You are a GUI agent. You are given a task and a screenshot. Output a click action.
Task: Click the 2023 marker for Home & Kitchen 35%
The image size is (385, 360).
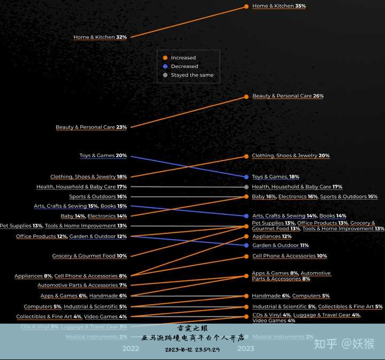point(246,6)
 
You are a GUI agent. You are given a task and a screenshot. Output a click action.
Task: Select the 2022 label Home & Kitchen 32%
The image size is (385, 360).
point(100,37)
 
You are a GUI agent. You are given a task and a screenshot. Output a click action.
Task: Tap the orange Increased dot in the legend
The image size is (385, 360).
point(165,58)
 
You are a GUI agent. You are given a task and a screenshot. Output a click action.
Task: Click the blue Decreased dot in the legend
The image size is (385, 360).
point(165,66)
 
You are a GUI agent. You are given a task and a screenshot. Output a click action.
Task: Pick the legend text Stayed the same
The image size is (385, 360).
point(192,75)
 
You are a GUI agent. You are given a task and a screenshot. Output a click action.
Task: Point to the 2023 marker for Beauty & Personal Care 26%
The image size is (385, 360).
point(246,96)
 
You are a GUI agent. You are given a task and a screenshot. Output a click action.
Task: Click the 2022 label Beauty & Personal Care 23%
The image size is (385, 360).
point(91,127)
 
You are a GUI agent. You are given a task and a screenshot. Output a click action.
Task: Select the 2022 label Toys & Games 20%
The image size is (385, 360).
point(103,156)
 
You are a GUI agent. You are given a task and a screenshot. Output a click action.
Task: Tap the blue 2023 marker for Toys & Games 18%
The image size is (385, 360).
point(246,177)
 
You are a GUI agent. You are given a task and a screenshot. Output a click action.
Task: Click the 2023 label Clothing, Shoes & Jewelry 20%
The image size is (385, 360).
point(290,156)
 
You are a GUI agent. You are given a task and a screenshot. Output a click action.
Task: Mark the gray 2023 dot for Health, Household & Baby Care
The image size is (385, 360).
point(246,187)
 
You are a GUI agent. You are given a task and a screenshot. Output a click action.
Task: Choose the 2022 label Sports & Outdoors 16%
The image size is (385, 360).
point(98,197)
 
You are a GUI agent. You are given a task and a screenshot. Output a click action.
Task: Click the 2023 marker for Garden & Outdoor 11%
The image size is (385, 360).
point(246,246)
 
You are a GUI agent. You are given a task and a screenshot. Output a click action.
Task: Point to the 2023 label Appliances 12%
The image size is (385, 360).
point(272,236)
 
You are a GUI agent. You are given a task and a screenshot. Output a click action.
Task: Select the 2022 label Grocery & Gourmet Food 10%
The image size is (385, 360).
point(89,256)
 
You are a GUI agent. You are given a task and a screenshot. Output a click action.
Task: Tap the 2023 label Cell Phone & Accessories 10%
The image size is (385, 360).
point(289,256)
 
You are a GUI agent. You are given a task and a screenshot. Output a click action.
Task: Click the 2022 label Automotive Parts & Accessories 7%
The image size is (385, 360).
point(82,285)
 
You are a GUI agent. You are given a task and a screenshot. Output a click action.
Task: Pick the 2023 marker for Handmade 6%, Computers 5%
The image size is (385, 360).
point(246,296)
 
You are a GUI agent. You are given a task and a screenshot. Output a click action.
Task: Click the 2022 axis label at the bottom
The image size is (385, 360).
point(130,348)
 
